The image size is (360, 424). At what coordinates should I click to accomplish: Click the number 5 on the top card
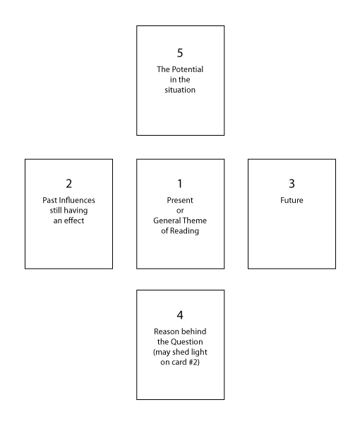click(x=180, y=53)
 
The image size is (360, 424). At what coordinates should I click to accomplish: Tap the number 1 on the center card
click(x=180, y=184)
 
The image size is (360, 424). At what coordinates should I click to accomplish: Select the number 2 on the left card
click(x=69, y=184)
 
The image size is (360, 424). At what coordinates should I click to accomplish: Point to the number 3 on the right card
click(x=292, y=184)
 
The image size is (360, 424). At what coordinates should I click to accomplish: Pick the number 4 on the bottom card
click(x=180, y=315)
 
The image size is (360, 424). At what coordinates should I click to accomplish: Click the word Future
click(x=292, y=200)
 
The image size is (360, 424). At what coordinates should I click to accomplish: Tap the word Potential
click(x=188, y=69)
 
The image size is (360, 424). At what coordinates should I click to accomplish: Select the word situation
click(x=180, y=90)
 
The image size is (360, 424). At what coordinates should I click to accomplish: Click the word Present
click(x=180, y=200)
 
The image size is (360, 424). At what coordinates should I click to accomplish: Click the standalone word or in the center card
click(x=180, y=211)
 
